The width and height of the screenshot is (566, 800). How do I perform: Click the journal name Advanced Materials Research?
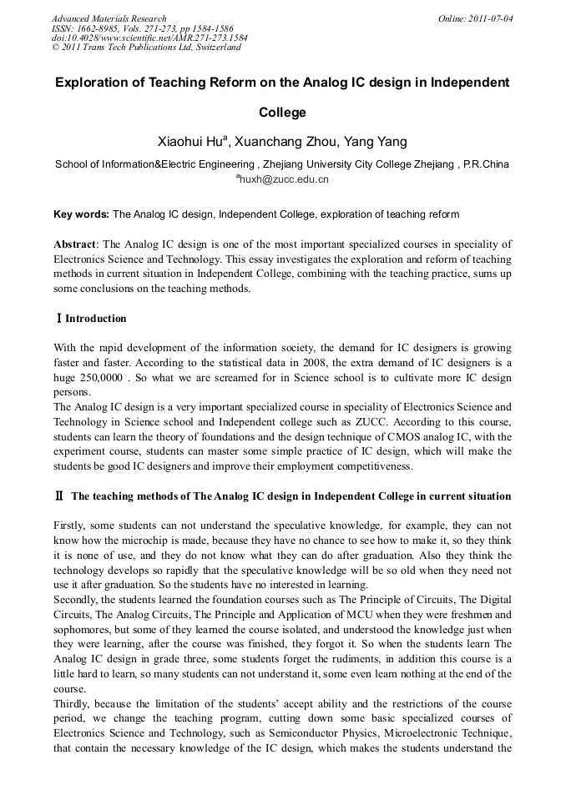coord(109,18)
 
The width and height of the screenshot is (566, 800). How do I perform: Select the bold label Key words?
coord(81,214)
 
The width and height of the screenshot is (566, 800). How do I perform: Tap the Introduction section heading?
coord(96,319)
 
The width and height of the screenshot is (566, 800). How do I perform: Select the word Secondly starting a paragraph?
coord(77,601)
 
